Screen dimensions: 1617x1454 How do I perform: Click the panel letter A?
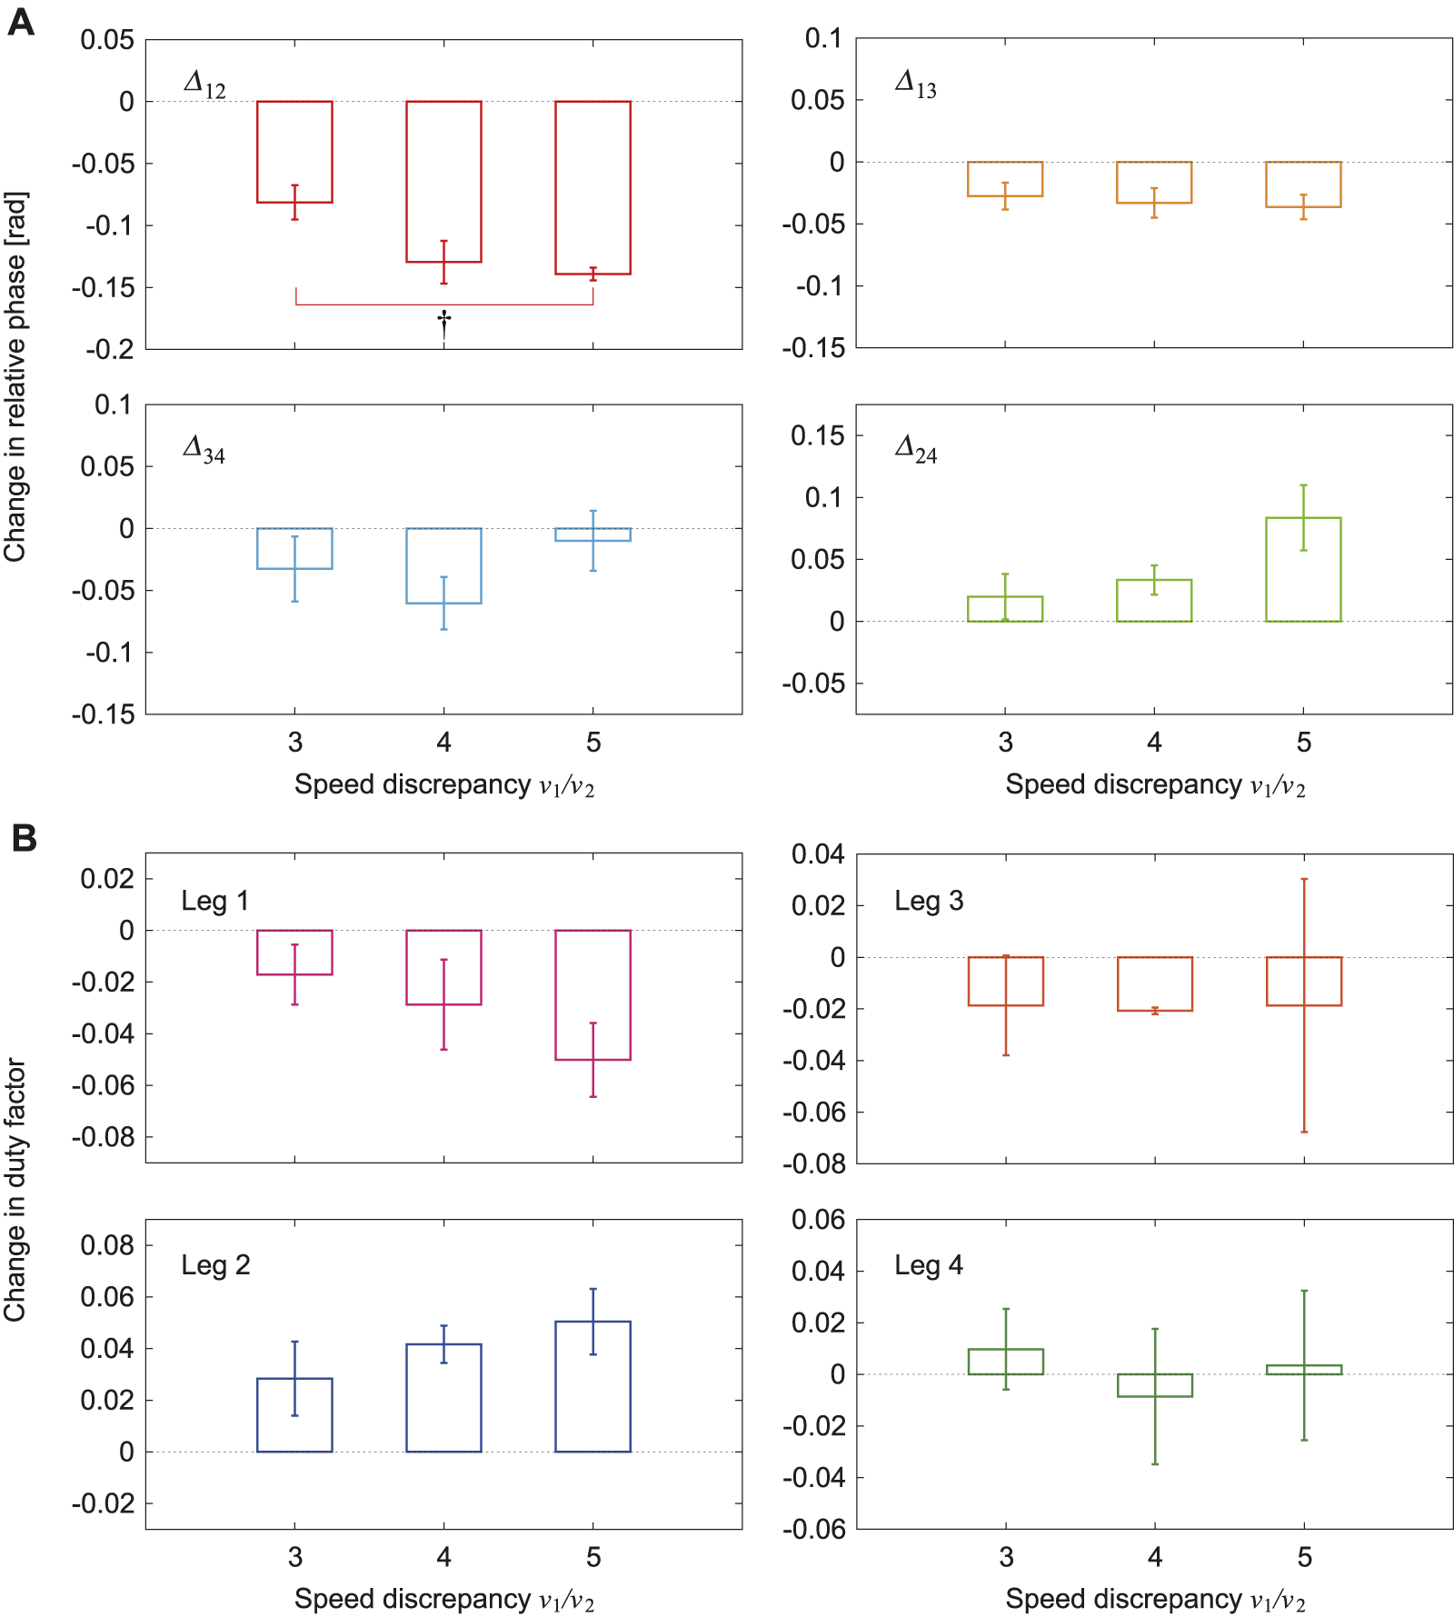20,22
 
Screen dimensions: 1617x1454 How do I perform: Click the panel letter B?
24,837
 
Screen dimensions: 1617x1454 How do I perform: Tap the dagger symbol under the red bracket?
443,323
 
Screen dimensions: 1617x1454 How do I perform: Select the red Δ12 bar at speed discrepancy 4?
443,182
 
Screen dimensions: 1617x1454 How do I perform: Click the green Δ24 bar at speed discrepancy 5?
1303,570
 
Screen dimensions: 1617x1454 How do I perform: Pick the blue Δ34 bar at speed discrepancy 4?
443,565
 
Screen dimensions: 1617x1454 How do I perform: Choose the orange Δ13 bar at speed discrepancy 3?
1005,179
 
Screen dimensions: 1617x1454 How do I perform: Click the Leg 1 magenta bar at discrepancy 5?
593,994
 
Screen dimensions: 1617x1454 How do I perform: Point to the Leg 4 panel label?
928,1265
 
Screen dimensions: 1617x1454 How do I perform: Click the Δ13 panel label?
915,84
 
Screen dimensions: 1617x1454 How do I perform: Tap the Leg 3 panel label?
928,901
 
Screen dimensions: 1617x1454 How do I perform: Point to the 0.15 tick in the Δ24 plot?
817,435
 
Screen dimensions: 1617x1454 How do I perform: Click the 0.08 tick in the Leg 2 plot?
106,1245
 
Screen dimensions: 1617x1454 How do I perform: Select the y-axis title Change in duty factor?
15,1189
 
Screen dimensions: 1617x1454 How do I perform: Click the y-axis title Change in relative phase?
15,376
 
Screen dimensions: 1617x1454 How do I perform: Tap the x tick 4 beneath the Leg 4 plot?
1155,1557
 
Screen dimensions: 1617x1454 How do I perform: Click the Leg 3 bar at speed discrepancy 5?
1303,981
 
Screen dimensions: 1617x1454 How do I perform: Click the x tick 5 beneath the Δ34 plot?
593,743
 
